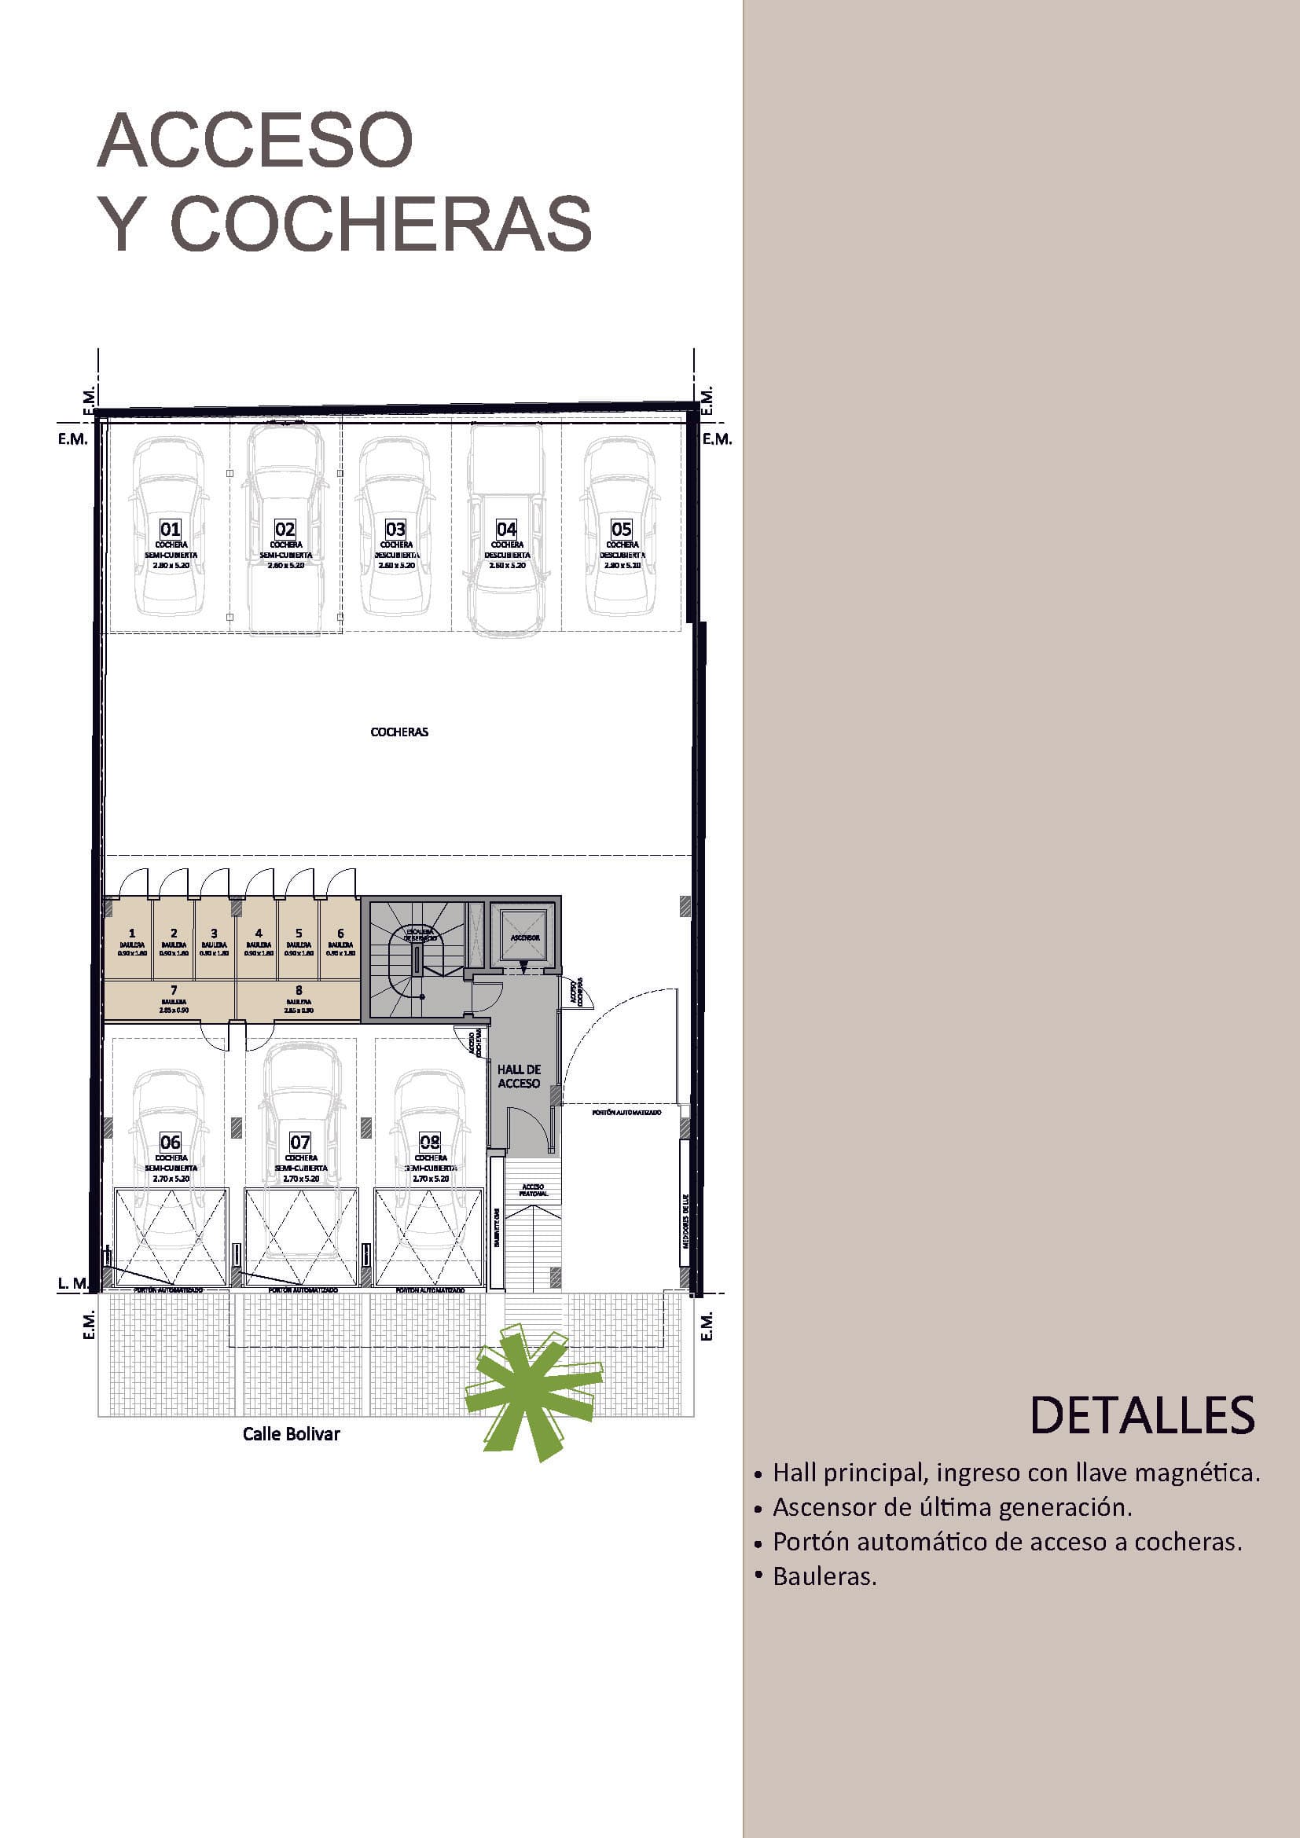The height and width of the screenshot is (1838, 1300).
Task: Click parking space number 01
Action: (171, 529)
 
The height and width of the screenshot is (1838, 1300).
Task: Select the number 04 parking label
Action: (506, 529)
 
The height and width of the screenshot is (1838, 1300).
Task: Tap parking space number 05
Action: (621, 529)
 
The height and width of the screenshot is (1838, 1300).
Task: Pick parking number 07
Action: (300, 1143)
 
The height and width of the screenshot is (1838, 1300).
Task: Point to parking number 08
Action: (430, 1143)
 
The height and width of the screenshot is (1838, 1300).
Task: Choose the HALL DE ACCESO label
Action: (519, 1076)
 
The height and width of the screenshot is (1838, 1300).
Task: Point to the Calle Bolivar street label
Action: (292, 1434)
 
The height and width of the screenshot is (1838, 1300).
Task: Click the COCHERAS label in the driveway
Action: (399, 732)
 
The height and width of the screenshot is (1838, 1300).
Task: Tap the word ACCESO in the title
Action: (255, 141)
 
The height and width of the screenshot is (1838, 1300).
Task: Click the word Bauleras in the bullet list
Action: (824, 1576)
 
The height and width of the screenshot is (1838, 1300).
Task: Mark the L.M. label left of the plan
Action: (73, 1283)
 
